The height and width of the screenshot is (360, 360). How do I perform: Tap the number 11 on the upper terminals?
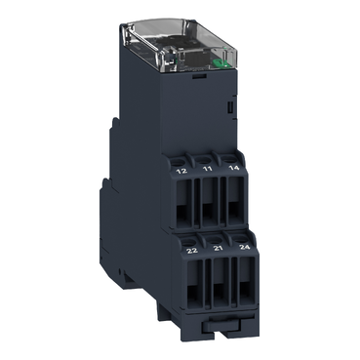click(206, 169)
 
